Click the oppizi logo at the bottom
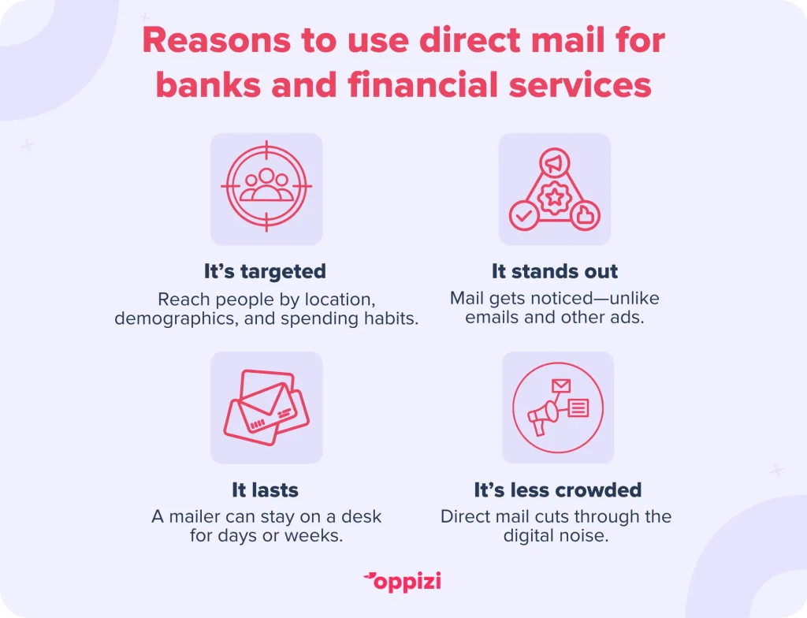coord(403,582)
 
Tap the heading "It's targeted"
coord(265,271)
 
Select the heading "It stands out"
coord(554,271)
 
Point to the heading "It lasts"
coord(265,490)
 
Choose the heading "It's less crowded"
coord(558,490)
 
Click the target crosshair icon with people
coord(266,186)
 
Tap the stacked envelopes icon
coord(266,408)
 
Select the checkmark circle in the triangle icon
coord(524,216)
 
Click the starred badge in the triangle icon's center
coord(555,197)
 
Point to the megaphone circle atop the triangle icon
coord(555,163)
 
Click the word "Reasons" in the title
coord(217,40)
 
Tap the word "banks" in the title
coord(208,84)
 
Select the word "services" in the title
coord(580,85)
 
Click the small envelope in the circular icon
coord(561,385)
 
